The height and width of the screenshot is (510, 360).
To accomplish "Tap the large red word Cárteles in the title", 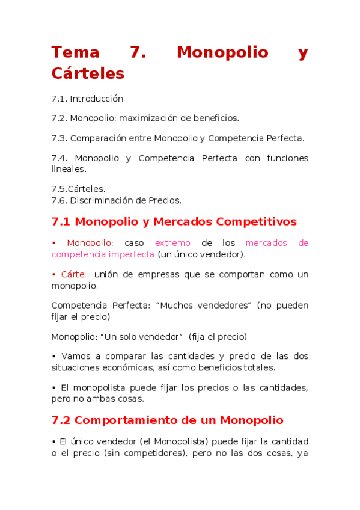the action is coord(88,73).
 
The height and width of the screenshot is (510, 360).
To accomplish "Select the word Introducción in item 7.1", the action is coord(96,99).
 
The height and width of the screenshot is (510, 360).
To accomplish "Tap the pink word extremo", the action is coord(172,243).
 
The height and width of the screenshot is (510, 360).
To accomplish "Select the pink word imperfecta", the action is coord(131,254).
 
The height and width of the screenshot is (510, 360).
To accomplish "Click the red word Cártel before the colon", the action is coord(75,275).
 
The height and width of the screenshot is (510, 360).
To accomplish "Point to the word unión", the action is coord(106,275).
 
